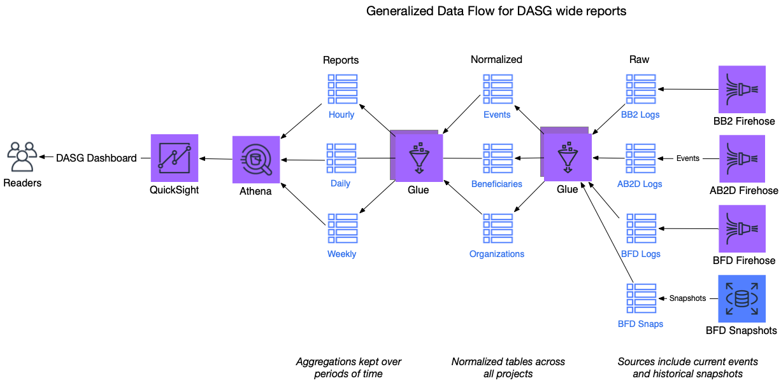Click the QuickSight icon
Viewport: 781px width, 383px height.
[175, 158]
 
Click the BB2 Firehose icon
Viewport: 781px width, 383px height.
[742, 89]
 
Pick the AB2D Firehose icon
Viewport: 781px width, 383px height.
[742, 158]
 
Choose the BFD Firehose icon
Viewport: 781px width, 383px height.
[742, 228]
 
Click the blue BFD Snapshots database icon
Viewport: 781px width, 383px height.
[742, 298]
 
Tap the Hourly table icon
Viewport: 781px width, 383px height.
[342, 89]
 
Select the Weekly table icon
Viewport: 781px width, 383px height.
[342, 228]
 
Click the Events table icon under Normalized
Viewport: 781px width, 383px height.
[498, 89]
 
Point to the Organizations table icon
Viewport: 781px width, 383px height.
[498, 228]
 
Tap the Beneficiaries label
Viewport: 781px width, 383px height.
[497, 184]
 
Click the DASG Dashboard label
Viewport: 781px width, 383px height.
[96, 158]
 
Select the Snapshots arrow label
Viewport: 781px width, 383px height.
[687, 298]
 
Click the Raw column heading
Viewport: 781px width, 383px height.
[639, 59]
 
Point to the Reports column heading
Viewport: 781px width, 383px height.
[341, 60]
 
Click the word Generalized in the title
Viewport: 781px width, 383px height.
[396, 11]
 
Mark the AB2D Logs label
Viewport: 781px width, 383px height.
[640, 184]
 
